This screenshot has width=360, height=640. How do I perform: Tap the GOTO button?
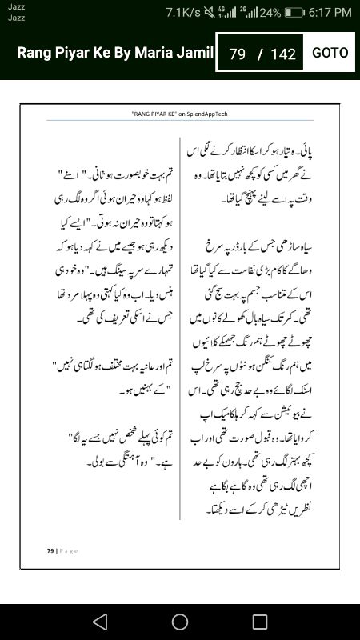pyautogui.click(x=330, y=53)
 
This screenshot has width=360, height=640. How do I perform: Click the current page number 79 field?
pyautogui.click(x=237, y=54)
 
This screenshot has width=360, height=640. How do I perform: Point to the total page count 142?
pyautogui.click(x=283, y=54)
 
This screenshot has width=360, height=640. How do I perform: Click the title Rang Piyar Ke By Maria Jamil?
pyautogui.click(x=115, y=53)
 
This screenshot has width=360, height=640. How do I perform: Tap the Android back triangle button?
pyautogui.click(x=99, y=622)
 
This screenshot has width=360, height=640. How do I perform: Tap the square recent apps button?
pyautogui.click(x=260, y=622)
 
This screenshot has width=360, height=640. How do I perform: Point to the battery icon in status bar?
pyautogui.click(x=294, y=13)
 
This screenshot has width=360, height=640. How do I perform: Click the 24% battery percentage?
pyautogui.click(x=270, y=13)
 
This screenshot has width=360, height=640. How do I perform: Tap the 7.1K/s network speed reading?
pyautogui.click(x=183, y=13)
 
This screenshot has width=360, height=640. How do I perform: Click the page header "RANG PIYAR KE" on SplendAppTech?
pyautogui.click(x=179, y=114)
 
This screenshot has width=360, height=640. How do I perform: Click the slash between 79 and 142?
pyautogui.click(x=259, y=54)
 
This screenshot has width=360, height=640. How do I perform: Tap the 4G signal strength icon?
pyautogui.click(x=230, y=13)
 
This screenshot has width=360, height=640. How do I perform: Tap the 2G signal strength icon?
pyautogui.click(x=250, y=13)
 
